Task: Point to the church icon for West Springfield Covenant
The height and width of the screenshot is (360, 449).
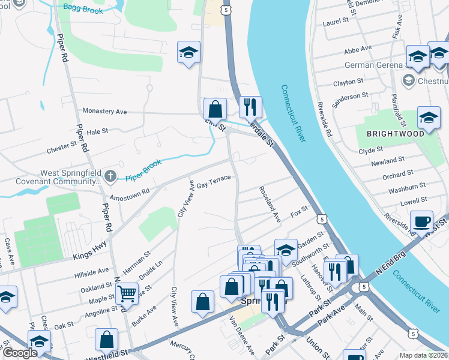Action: (x=109, y=176)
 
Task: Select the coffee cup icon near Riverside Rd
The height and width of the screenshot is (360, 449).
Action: (x=422, y=221)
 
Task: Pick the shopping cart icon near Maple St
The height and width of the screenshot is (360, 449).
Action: (x=127, y=294)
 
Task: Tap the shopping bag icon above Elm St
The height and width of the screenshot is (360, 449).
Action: (x=214, y=109)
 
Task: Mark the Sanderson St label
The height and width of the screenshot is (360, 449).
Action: (x=351, y=96)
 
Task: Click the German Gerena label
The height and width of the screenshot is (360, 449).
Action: (x=370, y=65)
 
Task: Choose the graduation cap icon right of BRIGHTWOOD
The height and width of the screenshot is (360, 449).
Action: (x=429, y=118)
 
